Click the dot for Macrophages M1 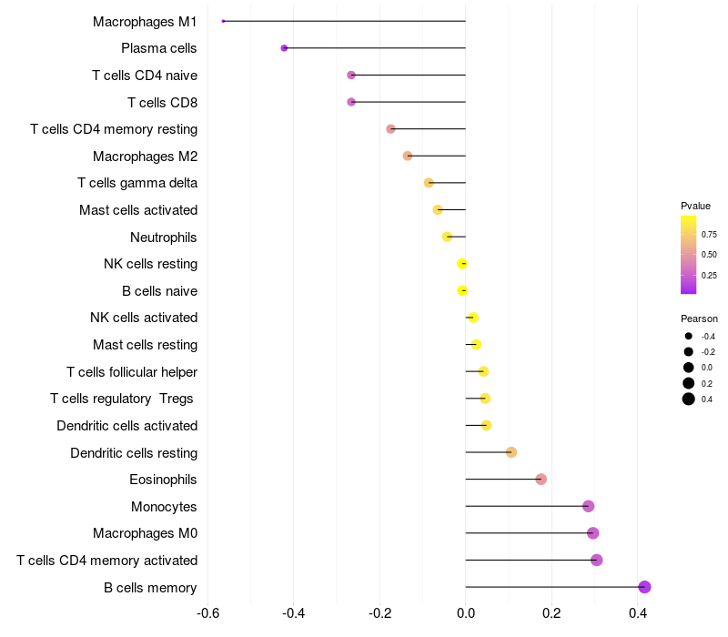tap(223, 21)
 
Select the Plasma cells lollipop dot tap(284, 48)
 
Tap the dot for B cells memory tap(644, 587)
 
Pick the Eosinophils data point tap(541, 480)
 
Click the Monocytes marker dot tap(588, 506)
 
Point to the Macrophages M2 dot tap(408, 156)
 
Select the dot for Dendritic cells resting tap(511, 452)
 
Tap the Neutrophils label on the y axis tap(164, 237)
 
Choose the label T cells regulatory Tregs tap(124, 399)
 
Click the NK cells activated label tap(144, 318)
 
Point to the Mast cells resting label tap(145, 345)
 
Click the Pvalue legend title tap(695, 206)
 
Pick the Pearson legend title tap(699, 319)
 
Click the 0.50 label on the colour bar tap(709, 254)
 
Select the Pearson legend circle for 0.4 tap(689, 399)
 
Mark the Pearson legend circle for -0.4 tap(689, 337)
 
